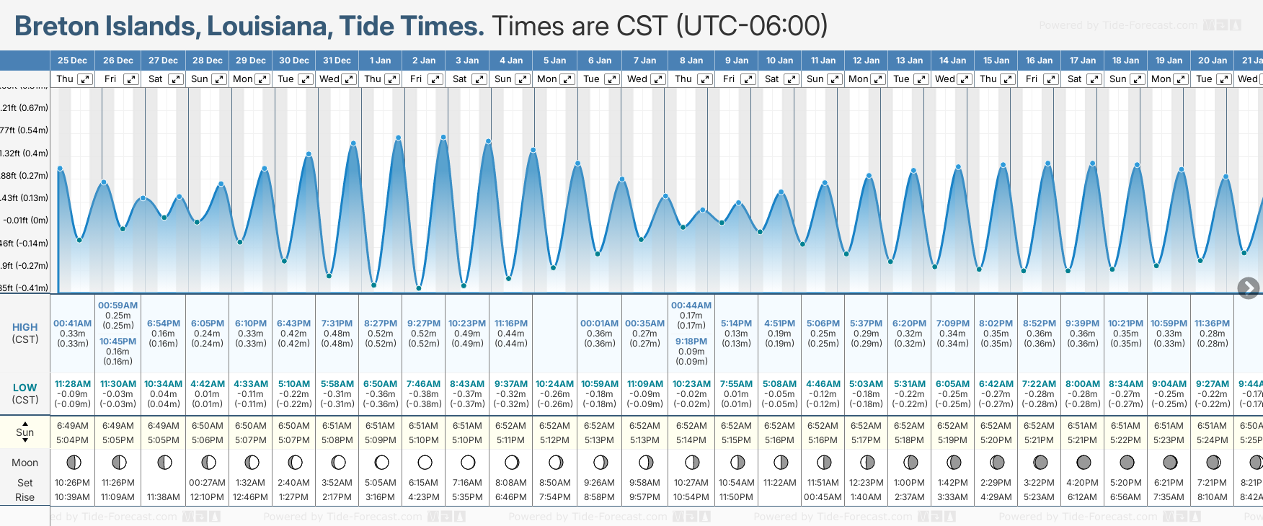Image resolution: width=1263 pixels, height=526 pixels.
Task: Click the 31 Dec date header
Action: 337,61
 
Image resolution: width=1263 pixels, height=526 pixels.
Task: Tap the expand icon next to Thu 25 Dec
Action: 85,79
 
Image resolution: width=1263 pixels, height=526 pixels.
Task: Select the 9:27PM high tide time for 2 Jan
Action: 424,324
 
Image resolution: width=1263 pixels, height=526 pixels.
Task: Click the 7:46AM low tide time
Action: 424,384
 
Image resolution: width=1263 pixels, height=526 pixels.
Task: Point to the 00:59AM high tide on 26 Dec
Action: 118,306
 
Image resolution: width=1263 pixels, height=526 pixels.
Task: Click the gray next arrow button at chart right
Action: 1248,288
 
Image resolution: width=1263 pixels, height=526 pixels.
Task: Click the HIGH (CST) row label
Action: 25,333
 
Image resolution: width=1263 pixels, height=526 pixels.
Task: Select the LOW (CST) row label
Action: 25,393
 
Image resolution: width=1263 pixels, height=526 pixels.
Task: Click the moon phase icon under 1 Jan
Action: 381,462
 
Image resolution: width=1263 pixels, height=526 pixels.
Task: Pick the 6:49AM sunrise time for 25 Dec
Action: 73,426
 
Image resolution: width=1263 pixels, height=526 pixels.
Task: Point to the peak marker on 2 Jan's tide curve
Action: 443,137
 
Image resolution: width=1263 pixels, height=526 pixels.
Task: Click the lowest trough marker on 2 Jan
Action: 419,288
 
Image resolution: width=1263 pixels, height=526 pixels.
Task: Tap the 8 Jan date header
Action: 691,61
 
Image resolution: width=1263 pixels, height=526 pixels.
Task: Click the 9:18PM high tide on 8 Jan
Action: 691,342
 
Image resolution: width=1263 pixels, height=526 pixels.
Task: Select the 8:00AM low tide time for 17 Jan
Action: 1083,384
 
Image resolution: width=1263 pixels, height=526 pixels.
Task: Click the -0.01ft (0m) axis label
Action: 25,220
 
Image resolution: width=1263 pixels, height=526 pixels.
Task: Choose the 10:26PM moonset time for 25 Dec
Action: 73,483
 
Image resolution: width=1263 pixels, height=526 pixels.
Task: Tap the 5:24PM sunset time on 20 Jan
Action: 1213,440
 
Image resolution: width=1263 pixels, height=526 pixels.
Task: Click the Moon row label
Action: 25,463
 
